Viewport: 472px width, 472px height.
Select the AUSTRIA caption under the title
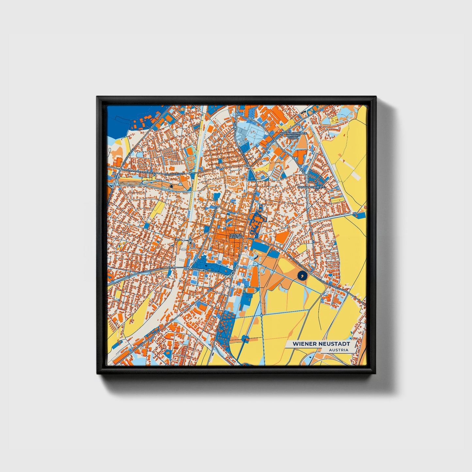click(338, 350)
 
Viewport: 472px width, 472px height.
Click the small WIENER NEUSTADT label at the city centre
click(236, 235)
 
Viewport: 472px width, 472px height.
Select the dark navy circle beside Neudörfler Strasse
click(302, 276)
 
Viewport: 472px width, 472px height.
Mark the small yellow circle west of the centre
click(179, 243)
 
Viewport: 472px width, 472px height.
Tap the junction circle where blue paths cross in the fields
click(262, 315)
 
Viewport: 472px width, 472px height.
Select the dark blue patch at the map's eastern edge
click(360, 215)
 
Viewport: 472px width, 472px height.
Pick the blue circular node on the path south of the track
click(246, 337)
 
